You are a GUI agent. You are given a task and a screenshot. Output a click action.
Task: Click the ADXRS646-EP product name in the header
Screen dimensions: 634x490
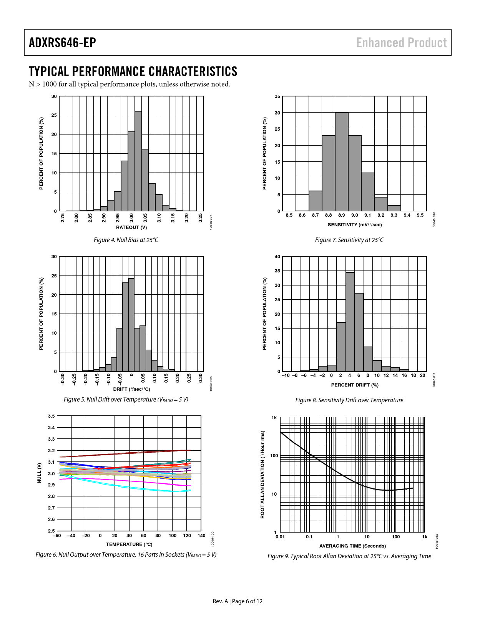coord(62,43)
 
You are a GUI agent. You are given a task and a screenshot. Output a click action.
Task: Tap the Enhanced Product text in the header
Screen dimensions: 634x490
coord(401,43)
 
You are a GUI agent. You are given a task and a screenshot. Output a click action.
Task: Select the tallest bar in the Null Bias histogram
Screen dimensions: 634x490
coord(138,161)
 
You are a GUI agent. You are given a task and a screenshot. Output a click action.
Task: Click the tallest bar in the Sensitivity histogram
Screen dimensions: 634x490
coord(342,161)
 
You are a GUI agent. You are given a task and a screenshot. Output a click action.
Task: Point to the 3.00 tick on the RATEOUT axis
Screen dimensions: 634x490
coord(131,218)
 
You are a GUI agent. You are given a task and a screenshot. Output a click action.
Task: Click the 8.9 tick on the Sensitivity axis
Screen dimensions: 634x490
coord(342,215)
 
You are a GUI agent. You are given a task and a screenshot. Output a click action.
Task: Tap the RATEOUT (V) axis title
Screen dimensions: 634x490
coord(131,227)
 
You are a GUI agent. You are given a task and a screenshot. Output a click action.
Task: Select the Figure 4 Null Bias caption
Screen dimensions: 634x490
coord(126,240)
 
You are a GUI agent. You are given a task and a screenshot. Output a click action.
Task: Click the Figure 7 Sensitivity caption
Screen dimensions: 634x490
coord(349,240)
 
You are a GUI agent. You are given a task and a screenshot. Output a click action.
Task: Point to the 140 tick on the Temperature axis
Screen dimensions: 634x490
coord(201,536)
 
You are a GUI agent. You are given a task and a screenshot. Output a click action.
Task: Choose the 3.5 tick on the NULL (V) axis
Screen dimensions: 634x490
coord(51,416)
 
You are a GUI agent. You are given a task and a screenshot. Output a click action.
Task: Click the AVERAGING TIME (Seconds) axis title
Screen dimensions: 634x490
coord(352,546)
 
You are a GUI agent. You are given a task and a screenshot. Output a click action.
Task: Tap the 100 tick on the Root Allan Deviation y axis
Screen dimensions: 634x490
coord(274,456)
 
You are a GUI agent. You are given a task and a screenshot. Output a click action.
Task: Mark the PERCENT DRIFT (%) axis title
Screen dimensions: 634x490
coord(355,385)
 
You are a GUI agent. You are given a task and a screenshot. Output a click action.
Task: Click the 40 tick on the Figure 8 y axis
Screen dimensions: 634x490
coord(277,257)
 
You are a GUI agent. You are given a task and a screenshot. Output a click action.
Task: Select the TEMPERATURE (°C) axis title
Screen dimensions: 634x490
coord(129,544)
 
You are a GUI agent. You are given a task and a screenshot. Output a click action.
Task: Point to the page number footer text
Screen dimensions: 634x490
coord(238,601)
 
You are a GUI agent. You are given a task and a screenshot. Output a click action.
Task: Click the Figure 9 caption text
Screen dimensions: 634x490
coord(349,556)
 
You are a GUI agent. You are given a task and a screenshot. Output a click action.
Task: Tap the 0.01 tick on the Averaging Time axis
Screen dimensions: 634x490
coord(280,537)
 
